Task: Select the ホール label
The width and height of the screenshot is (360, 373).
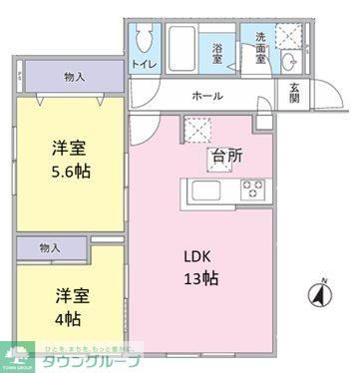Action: (x=206, y=97)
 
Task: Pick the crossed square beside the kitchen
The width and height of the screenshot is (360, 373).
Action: (x=195, y=131)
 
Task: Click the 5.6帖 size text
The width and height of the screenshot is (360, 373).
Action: (x=70, y=170)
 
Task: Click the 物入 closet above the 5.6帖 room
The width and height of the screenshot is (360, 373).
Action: (x=74, y=77)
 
